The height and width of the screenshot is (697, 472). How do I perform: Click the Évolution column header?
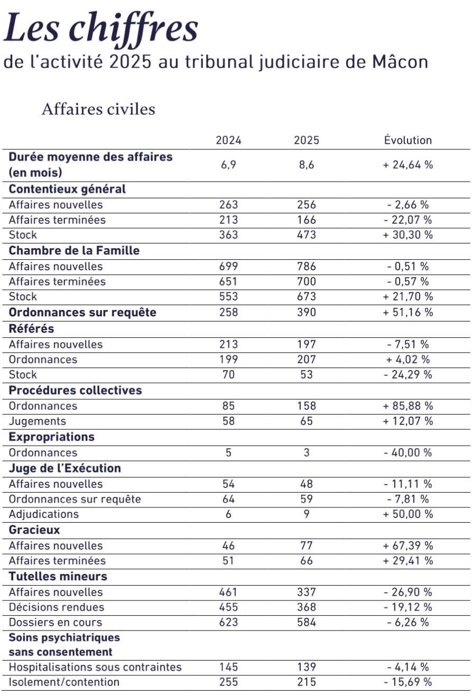click(408, 140)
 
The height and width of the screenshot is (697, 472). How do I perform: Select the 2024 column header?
click(228, 140)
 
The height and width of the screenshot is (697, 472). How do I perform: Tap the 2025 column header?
click(307, 140)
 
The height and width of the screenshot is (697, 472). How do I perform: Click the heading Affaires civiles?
click(98, 109)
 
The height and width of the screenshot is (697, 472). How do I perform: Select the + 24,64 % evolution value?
click(408, 165)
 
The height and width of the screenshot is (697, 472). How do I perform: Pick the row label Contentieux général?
click(68, 190)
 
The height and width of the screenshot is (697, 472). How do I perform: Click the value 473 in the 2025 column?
click(307, 235)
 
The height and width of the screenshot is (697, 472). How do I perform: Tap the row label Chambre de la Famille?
click(75, 251)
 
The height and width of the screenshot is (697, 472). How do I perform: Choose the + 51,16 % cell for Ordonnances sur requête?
click(408, 313)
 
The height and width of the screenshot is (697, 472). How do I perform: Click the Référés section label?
click(32, 328)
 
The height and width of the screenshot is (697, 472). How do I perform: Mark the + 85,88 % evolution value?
click(408, 406)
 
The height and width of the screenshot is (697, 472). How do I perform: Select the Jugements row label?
click(38, 421)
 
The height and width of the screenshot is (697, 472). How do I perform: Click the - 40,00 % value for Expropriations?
click(408, 453)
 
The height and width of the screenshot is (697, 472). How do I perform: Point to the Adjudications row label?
click(44, 514)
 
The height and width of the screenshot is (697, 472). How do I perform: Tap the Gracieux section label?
click(34, 530)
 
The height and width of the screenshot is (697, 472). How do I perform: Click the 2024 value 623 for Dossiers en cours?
click(228, 623)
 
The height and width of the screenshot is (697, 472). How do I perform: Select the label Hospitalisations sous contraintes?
click(95, 667)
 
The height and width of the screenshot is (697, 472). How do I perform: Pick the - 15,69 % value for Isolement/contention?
click(408, 682)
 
